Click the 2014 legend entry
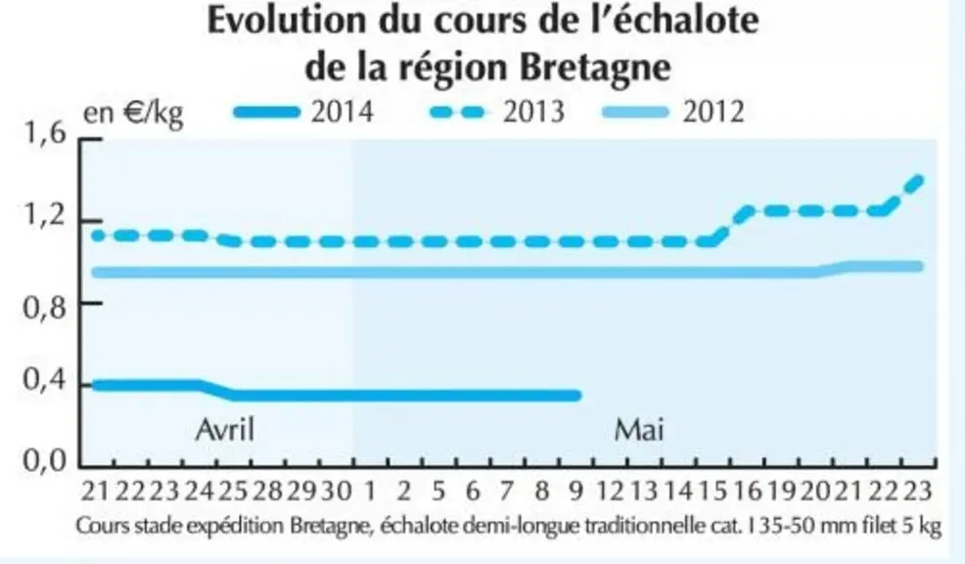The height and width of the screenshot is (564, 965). pyautogui.click(x=304, y=112)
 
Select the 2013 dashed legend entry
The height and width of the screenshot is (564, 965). pyautogui.click(x=497, y=112)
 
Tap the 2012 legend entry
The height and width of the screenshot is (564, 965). pyautogui.click(x=673, y=112)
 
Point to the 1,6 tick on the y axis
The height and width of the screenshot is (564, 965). pyautogui.click(x=44, y=133)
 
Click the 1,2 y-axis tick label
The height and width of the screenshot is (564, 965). pyautogui.click(x=44, y=216)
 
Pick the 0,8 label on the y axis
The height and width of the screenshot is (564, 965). pyautogui.click(x=44, y=307)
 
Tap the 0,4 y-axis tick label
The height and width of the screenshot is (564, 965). pyautogui.click(x=44, y=380)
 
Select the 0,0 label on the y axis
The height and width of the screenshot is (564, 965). pyautogui.click(x=44, y=460)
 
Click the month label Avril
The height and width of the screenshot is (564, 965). pyautogui.click(x=225, y=429)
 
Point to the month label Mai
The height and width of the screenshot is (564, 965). pyautogui.click(x=639, y=429)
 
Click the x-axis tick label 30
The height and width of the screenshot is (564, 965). pyautogui.click(x=336, y=492)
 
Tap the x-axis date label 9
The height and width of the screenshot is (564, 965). pyautogui.click(x=575, y=492)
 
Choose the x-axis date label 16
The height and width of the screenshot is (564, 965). pyautogui.click(x=748, y=492)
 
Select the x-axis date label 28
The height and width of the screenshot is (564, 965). pyautogui.click(x=267, y=492)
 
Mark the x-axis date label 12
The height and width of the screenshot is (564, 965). pyautogui.click(x=611, y=492)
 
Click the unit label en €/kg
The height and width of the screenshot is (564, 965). pyautogui.click(x=133, y=114)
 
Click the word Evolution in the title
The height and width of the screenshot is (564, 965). pyautogui.click(x=286, y=21)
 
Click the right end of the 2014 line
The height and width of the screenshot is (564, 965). pyautogui.click(x=577, y=396)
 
